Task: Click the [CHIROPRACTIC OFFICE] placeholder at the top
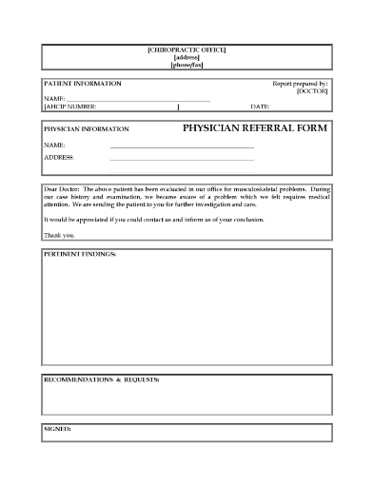[x=187, y=48]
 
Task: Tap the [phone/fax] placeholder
[x=187, y=65]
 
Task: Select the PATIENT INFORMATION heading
[x=83, y=84]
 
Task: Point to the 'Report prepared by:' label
[x=300, y=84]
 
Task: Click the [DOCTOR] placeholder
[x=312, y=91]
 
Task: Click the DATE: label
[x=261, y=107]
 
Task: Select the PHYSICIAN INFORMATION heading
[x=87, y=128]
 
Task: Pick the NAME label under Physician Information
[x=53, y=144]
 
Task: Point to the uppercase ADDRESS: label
[x=59, y=157]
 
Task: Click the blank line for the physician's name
[x=182, y=146]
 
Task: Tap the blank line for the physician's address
[x=182, y=160]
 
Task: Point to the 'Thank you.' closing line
[x=58, y=234]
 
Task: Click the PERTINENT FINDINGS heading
[x=81, y=256]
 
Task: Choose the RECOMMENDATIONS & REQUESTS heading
[x=102, y=379]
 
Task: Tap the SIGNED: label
[x=58, y=429]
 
